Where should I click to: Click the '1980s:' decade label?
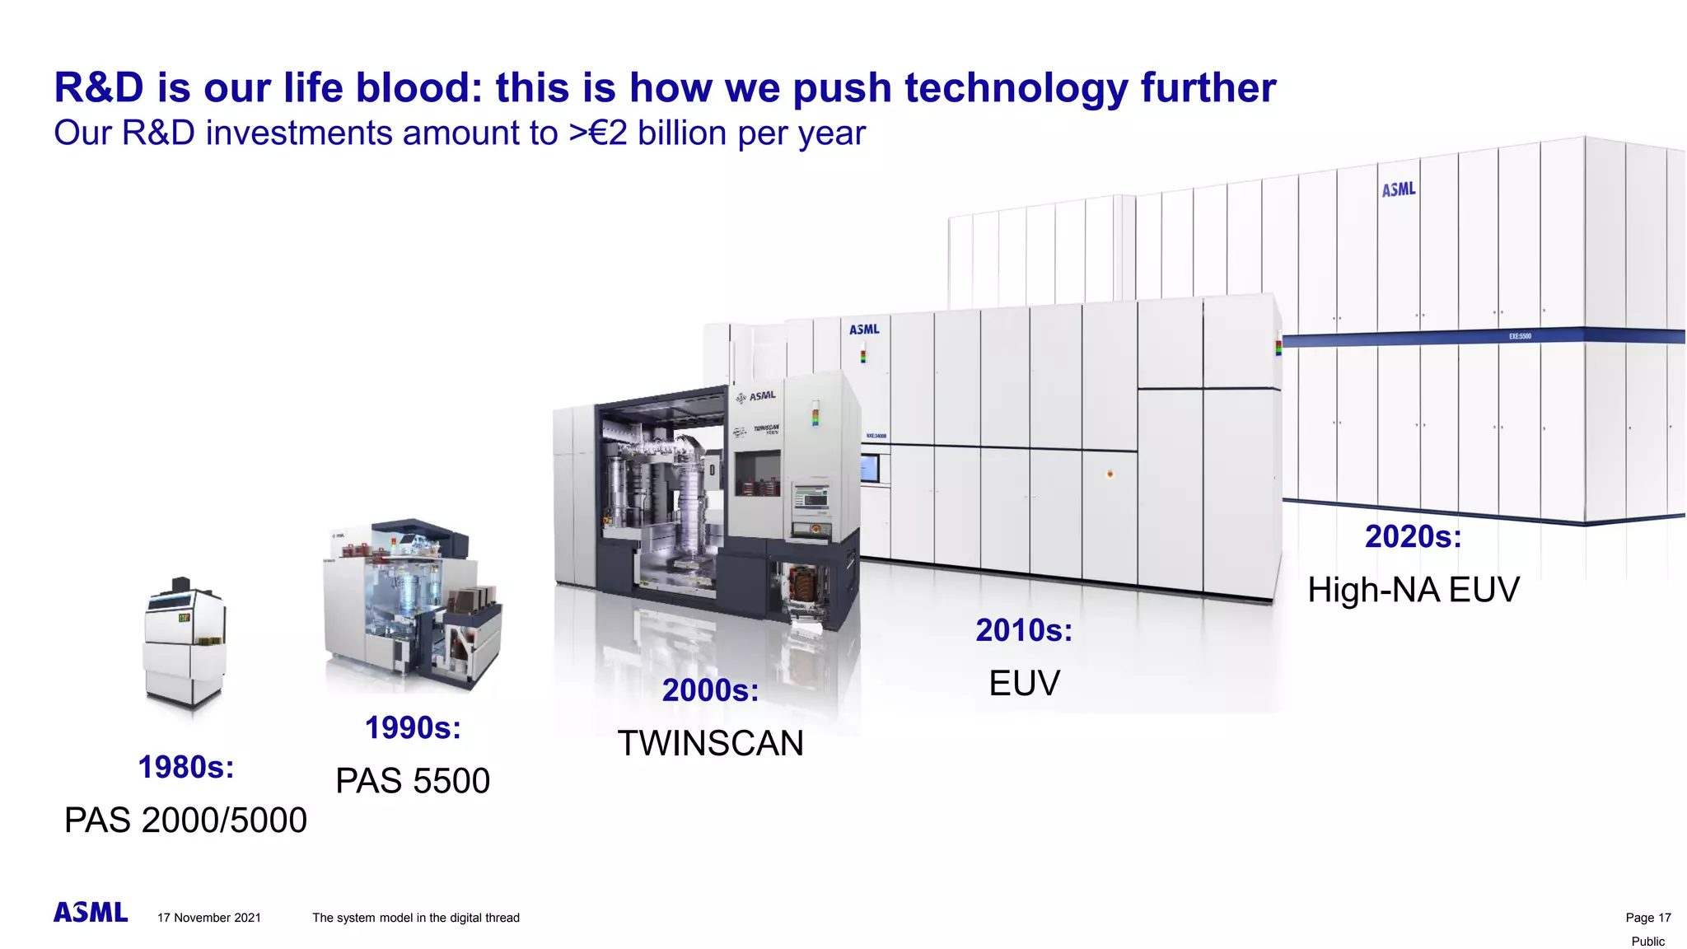point(186,768)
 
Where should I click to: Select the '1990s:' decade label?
point(413,728)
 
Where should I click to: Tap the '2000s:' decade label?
point(710,690)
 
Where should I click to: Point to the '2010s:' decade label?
point(1024,631)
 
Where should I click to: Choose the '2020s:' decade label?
point(1413,537)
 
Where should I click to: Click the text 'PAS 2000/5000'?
point(185,820)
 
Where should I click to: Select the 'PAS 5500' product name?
point(413,781)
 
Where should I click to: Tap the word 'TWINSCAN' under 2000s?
point(710,744)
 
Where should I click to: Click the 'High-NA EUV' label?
point(1413,591)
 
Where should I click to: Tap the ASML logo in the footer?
point(91,913)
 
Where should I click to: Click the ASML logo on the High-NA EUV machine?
point(1398,190)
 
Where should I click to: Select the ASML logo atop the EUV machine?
point(864,330)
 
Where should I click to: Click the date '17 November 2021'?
point(209,918)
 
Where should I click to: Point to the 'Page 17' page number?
point(1647,918)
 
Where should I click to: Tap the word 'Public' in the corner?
point(1647,942)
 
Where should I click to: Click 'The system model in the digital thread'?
point(416,918)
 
